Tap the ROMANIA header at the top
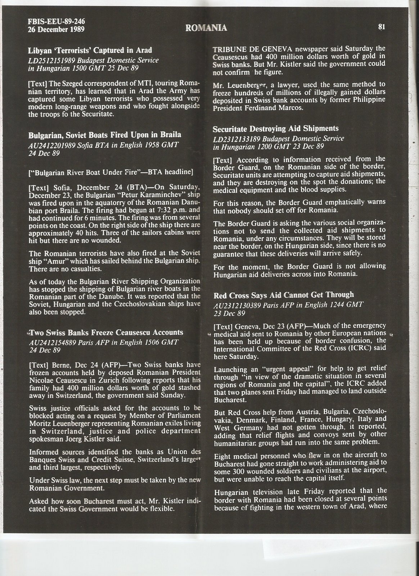206,28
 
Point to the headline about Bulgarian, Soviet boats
104,135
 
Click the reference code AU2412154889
52,342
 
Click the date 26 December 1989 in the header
56,30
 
